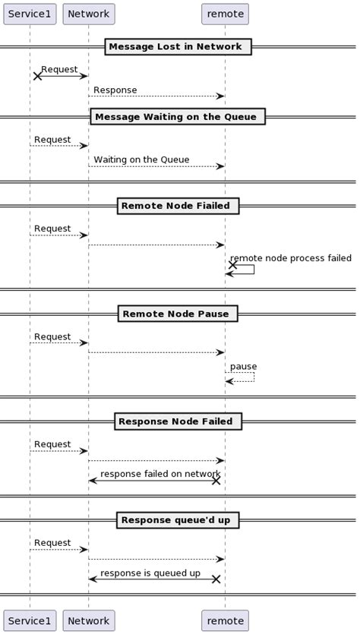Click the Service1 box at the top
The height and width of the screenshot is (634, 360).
(x=30, y=14)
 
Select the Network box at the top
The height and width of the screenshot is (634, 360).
(x=88, y=14)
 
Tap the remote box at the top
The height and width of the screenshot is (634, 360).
(x=225, y=14)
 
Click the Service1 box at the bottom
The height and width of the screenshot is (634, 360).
(x=30, y=620)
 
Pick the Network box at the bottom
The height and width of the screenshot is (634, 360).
(x=88, y=620)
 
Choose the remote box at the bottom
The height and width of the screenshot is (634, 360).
(x=225, y=620)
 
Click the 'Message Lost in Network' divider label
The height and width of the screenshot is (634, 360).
(x=178, y=47)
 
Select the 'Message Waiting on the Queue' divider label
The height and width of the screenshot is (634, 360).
(x=178, y=117)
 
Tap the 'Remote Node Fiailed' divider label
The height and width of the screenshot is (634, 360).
(x=178, y=206)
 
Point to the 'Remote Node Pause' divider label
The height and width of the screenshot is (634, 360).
(x=178, y=314)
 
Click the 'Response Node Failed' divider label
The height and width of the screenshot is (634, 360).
(x=178, y=421)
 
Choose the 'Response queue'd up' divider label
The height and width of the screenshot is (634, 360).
(x=178, y=520)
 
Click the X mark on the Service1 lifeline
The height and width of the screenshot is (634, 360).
(x=37, y=76)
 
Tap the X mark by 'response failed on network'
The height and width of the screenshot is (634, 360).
(x=216, y=481)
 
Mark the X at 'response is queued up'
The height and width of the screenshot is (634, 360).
(x=216, y=579)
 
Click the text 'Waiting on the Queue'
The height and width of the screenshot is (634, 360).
(x=141, y=160)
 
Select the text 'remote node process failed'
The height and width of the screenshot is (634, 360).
(x=290, y=259)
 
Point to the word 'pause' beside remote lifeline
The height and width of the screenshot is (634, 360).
(x=243, y=367)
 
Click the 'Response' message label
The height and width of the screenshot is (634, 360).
(x=115, y=90)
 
